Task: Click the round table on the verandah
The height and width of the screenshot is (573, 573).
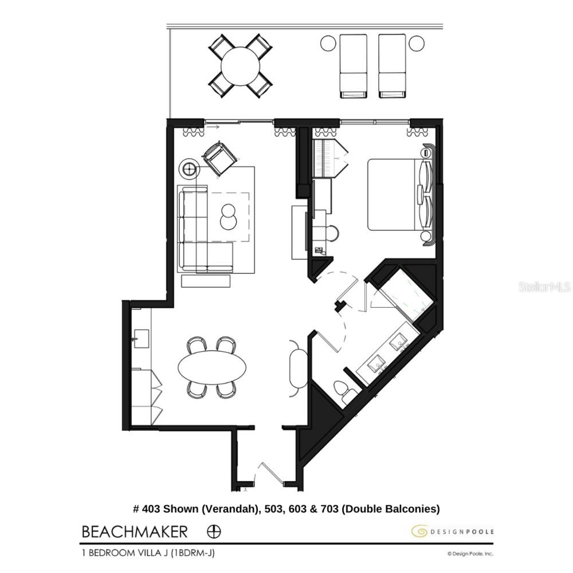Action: tap(240, 66)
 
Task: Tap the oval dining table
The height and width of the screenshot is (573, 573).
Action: tap(212, 366)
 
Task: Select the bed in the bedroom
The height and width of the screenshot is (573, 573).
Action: tap(395, 195)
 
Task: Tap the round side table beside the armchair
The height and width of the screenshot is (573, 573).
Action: tap(190, 168)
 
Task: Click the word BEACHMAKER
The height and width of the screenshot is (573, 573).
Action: tap(135, 532)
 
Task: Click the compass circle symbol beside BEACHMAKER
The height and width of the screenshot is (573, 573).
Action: tap(213, 531)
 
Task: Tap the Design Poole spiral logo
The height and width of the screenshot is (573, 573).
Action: tap(419, 532)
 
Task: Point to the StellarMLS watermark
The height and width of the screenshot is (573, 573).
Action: tap(545, 286)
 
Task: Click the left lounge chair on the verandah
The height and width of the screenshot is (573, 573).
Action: tap(353, 65)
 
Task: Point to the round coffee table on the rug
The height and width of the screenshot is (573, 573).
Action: tap(228, 217)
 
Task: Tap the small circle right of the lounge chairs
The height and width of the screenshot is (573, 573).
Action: tap(417, 43)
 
